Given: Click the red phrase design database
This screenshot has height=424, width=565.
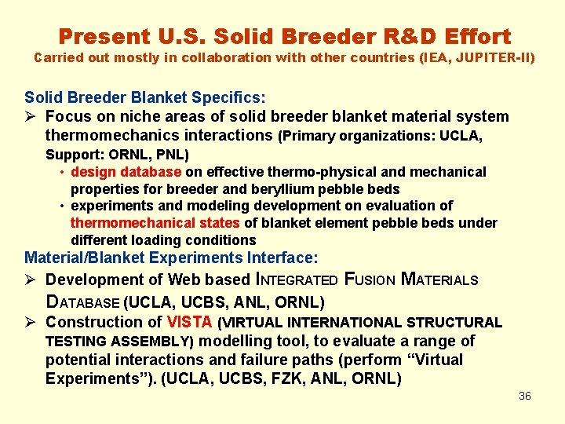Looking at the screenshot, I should [x=126, y=171].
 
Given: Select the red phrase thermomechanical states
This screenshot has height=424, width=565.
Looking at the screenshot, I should [x=155, y=223].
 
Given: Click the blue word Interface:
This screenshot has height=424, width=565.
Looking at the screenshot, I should [x=282, y=258].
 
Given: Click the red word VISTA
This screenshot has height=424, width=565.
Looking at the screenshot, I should [x=190, y=322].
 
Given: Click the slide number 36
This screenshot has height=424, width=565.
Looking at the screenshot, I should [x=525, y=396].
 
